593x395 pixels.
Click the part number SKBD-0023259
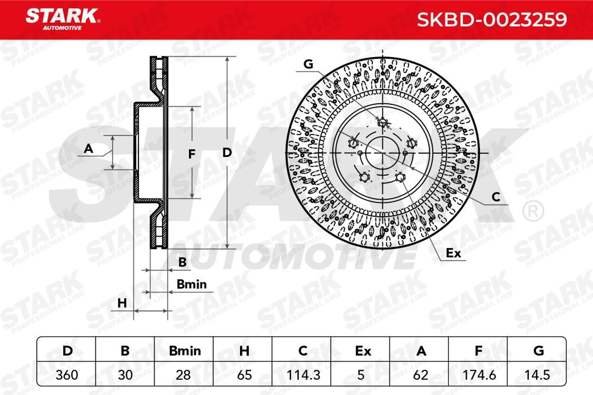coord(492,20)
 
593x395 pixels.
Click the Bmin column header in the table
coord(185,351)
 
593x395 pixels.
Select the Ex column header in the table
coord(363,351)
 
